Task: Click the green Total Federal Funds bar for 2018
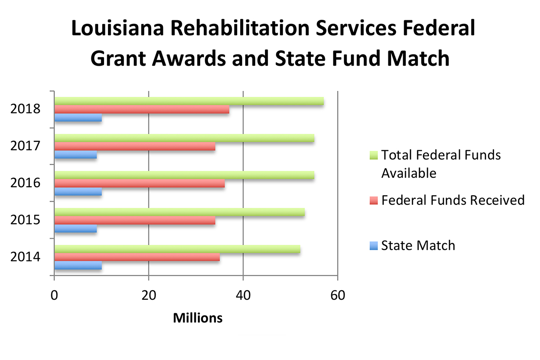tap(189, 101)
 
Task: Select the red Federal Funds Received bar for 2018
tap(142, 109)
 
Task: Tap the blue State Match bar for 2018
tap(78, 118)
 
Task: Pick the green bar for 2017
tap(184, 138)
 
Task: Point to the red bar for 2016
tap(139, 184)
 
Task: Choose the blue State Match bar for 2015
tap(76, 229)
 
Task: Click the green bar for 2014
tap(177, 249)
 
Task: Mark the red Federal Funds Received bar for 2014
tap(137, 257)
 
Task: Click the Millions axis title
tap(198, 318)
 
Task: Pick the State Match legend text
tap(418, 245)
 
